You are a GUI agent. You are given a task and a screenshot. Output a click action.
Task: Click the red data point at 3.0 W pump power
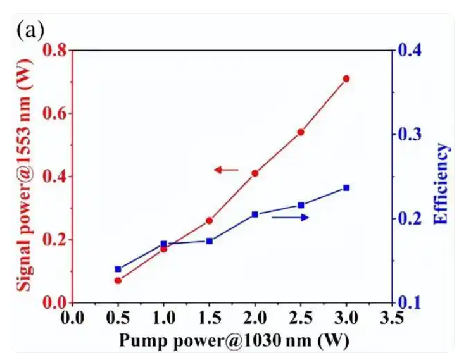point(346,78)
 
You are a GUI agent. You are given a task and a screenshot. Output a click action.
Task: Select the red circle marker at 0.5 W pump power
point(118,280)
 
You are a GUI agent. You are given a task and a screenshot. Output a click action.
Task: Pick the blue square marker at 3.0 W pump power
point(346,188)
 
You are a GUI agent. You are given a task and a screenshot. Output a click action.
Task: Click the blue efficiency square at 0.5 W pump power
point(118,269)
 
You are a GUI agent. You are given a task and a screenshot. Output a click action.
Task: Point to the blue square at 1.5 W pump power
point(210,240)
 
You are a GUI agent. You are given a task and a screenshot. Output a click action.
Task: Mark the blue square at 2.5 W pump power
point(301,205)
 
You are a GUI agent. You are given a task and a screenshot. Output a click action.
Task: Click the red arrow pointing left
point(225,170)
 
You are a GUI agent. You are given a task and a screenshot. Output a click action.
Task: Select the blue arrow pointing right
point(290,218)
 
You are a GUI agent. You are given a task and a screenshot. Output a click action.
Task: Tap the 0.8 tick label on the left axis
point(54,50)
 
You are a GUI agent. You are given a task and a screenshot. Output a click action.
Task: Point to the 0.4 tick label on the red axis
point(54,177)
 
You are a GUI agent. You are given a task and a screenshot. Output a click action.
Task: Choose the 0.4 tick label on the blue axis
point(409,50)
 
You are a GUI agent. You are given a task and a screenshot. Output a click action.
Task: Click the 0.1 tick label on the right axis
point(409,302)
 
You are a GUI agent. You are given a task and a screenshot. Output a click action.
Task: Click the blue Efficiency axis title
point(441,184)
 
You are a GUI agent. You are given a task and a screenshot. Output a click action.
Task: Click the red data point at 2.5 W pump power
point(301,132)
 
